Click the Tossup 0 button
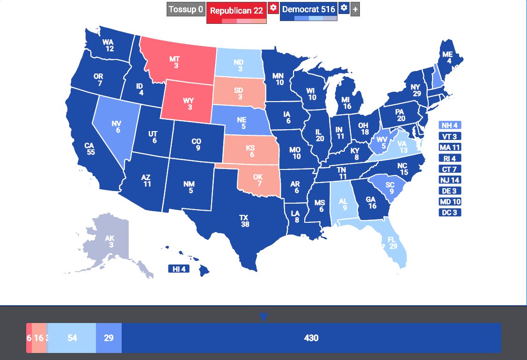(x=186, y=9)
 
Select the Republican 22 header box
(x=236, y=10)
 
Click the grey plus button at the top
(x=355, y=9)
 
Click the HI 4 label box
(x=179, y=269)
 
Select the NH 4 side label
(x=450, y=125)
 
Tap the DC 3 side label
(x=450, y=213)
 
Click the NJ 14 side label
(x=450, y=180)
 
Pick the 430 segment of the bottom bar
(x=311, y=338)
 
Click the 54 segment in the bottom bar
(x=72, y=338)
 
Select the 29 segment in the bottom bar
(x=109, y=338)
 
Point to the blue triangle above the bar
(x=263, y=317)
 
